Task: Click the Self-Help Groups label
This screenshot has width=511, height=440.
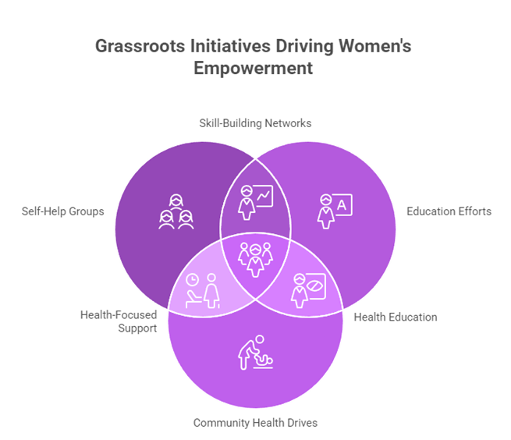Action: tap(63, 211)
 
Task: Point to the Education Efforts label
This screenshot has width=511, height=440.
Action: tap(449, 211)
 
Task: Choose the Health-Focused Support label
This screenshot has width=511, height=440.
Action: tap(118, 321)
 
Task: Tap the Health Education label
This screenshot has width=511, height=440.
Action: tap(396, 317)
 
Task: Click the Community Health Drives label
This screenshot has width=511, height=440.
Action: tap(255, 423)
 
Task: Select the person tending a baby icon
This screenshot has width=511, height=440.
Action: tap(254, 356)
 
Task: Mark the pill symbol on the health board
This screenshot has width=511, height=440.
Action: tap(316, 287)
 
